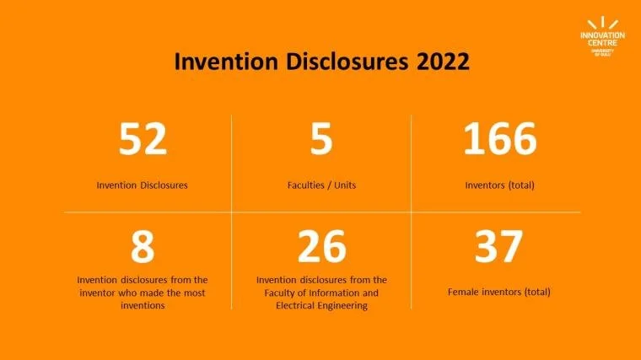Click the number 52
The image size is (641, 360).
[x=143, y=138]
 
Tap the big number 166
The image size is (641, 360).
[x=500, y=138]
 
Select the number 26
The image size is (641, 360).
[x=321, y=246]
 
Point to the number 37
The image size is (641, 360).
[x=498, y=246]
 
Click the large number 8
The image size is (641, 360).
[x=143, y=246]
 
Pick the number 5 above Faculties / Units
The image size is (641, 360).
[x=321, y=138]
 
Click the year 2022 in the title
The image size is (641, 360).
[x=443, y=62]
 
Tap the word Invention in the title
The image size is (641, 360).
[x=226, y=62]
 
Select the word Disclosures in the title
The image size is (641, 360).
[x=347, y=62]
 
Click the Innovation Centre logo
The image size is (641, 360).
[x=602, y=37]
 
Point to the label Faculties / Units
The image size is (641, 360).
[x=321, y=185]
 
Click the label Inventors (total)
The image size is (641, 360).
[x=499, y=185]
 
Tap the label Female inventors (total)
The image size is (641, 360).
[x=498, y=293]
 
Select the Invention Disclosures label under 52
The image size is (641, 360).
[x=143, y=185]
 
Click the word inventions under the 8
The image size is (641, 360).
[x=143, y=306]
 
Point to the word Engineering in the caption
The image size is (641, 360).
[x=342, y=306]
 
